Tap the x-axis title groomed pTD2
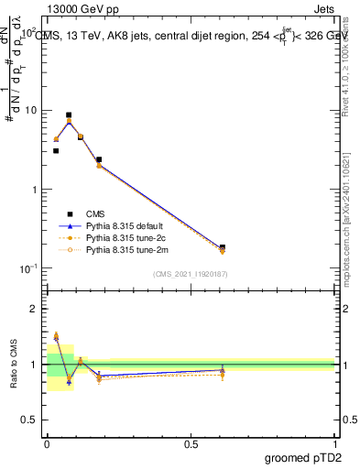pyautogui.click(x=302, y=455)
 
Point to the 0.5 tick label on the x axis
pyautogui.click(x=191, y=442)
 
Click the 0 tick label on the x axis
pyautogui.click(x=47, y=442)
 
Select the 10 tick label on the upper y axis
pyautogui.click(x=28, y=110)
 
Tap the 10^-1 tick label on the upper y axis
pyautogui.click(x=27, y=268)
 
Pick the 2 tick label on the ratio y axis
pyautogui.click(x=35, y=309)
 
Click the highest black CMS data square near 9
pyautogui.click(x=69, y=115)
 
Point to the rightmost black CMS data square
pyautogui.click(x=223, y=247)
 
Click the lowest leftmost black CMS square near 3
pyautogui.click(x=56, y=150)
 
